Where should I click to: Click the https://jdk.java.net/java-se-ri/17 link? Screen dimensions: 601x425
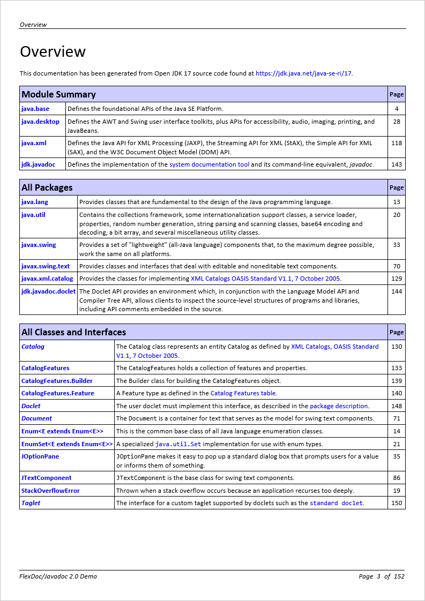pos(303,73)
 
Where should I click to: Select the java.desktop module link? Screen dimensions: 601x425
pos(40,122)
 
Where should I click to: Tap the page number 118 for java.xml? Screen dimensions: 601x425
pos(397,143)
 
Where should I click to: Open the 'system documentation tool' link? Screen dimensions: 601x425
pos(209,164)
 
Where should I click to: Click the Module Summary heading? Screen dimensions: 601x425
pos(58,94)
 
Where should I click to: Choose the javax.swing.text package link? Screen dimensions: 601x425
pos(46,266)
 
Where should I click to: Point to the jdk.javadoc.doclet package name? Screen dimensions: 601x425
pos(48,291)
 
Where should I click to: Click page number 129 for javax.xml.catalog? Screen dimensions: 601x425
pos(397,279)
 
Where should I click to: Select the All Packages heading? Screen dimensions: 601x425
pos(47,187)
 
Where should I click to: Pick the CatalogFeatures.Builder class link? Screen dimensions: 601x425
pos(57,381)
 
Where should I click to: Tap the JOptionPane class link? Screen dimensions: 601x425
pos(40,456)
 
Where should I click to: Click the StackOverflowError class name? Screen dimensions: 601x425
pos(50,491)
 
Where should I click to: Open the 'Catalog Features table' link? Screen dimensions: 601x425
pos(243,393)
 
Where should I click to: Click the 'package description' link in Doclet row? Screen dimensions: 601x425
pos(339,406)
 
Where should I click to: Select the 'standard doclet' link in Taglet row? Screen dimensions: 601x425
pos(336,504)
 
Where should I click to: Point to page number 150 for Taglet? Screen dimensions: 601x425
pos(397,503)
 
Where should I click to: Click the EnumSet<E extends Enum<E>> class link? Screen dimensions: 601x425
pos(67,444)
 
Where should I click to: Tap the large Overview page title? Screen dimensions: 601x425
pos(53,51)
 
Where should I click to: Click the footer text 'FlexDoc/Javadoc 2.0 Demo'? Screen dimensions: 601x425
pos(58,576)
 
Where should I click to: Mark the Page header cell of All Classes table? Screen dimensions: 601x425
pos(397,332)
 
